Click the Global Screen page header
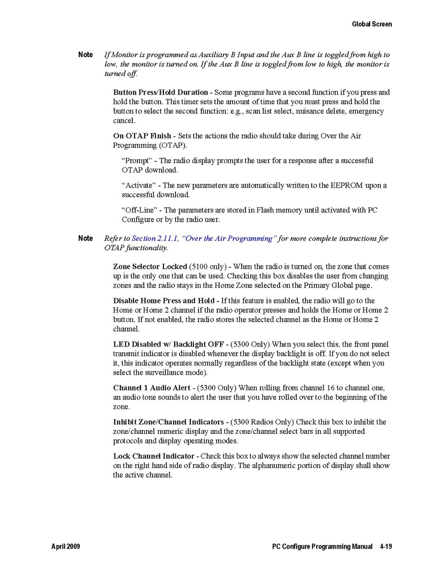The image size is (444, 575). (372, 24)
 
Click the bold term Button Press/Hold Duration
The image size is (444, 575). (160, 92)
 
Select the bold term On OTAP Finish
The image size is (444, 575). (141, 136)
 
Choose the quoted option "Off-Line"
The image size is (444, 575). (140, 210)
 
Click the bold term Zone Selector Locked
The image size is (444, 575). (150, 266)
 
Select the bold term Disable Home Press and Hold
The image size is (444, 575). (164, 301)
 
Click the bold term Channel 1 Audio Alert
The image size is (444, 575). (149, 388)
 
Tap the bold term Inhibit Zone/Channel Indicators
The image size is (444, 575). (168, 422)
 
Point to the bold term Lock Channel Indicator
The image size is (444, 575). (153, 456)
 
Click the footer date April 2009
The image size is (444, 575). (66, 547)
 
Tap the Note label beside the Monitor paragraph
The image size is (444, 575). (85, 55)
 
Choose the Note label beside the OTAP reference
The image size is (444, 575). (85, 239)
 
